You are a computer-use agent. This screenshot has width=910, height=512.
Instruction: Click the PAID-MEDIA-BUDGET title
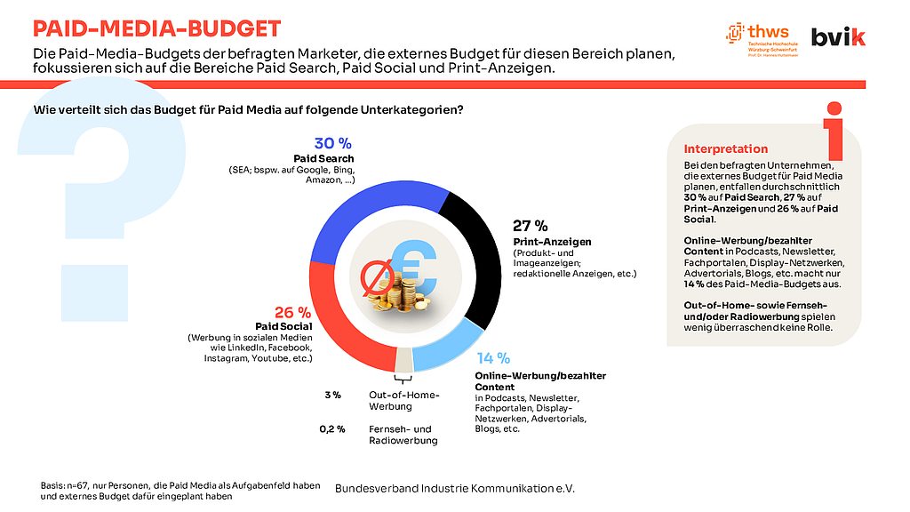157,29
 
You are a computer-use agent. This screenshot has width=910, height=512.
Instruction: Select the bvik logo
840,36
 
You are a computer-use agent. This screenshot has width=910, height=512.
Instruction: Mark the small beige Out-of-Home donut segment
403,360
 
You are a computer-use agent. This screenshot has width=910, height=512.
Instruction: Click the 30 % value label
334,143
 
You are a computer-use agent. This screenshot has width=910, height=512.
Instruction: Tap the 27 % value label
531,226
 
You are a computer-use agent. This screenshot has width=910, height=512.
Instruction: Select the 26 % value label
292,312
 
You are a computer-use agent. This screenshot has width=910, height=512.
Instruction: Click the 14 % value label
492,358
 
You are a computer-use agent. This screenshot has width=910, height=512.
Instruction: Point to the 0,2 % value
332,429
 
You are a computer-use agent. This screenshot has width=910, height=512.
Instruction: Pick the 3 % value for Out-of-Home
332,395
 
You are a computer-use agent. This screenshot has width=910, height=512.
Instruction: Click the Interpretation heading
725,148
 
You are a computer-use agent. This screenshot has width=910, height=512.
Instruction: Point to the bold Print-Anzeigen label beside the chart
552,242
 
